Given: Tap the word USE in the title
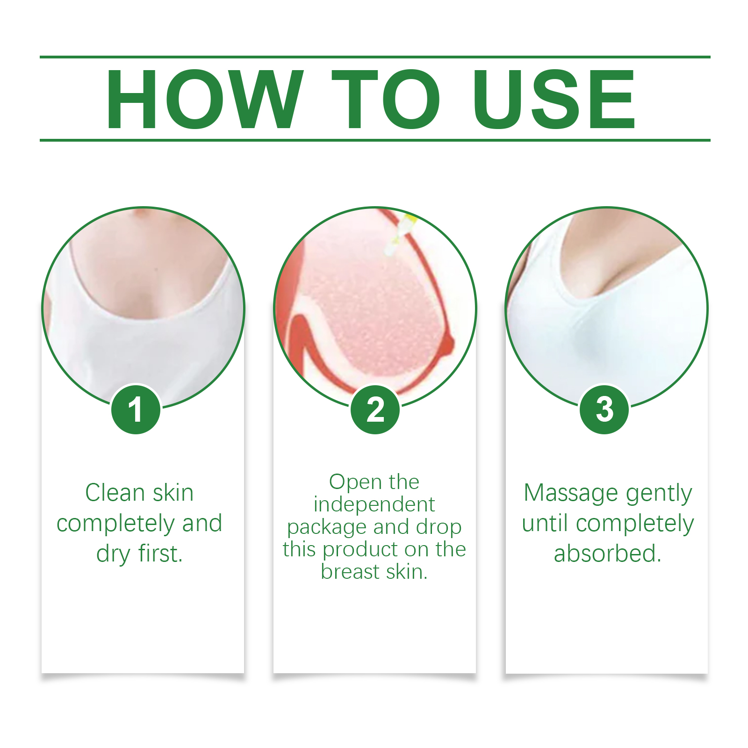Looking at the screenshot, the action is coord(554,99).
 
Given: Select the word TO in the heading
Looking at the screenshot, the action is coord(386,99).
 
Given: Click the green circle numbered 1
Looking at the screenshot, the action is coord(136,410).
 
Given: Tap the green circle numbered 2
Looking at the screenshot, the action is coord(375,410).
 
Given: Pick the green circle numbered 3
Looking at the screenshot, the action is coord(604,410).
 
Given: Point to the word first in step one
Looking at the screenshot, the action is coord(160,554).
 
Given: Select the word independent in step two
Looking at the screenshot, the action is coord(374,504).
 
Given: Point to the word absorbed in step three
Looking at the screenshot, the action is coord(608,554).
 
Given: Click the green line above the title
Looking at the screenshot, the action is coord(375,57).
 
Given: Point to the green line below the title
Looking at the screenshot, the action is coord(375,140).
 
